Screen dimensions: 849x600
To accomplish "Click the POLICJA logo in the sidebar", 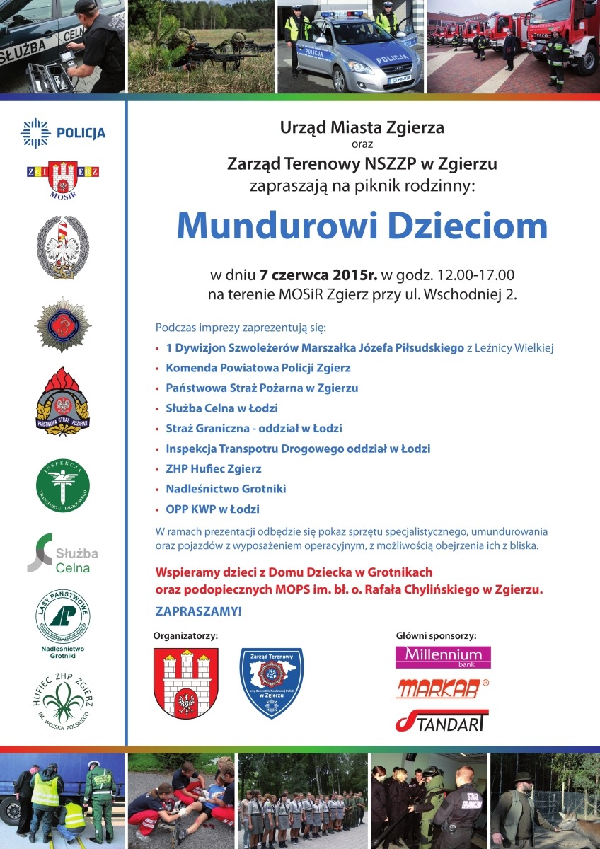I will pos(63,132).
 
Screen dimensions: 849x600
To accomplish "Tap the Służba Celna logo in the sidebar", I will pos(63,553).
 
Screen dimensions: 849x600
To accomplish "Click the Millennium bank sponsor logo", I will pos(443,657).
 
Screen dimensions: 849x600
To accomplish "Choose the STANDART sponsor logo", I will pos(442,720).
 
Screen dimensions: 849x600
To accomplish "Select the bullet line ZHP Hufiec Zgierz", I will pos(213,468).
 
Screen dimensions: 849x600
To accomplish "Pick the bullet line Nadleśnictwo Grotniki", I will pos(226,489).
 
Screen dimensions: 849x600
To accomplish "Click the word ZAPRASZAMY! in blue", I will pos(198,611).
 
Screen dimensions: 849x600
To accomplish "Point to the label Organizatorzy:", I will pos(186,635).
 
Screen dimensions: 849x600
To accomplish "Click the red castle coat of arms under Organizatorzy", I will pos(186,683).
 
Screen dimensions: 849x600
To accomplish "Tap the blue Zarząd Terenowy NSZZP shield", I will pos(272,683).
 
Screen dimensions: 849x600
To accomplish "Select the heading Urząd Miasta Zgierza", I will pos(362,128).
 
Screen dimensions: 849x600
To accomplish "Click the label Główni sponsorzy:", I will pos(436,635).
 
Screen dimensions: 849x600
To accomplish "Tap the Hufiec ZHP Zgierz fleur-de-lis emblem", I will pos(63,697).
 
